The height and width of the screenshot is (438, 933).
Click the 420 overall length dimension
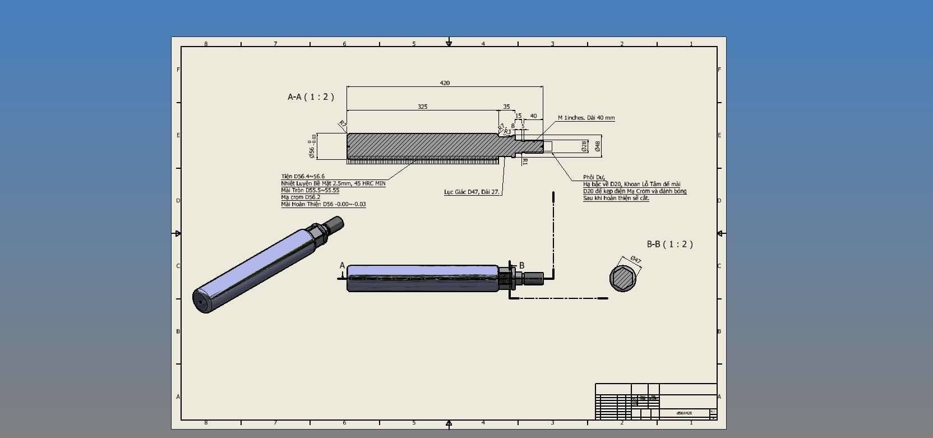point(445,83)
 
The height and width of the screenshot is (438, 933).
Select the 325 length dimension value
point(422,107)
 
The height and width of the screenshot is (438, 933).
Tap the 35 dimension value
point(506,107)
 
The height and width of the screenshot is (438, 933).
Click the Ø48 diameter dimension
point(598,146)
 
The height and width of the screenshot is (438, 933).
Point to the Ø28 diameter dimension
point(584,146)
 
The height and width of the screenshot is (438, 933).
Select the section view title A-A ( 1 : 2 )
point(311,97)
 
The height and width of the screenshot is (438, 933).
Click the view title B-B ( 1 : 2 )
point(669,245)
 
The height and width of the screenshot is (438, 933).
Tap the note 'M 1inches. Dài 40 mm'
point(586,118)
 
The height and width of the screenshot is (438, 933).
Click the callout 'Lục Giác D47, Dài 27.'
point(471,192)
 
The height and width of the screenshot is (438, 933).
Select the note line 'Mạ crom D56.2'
point(301,197)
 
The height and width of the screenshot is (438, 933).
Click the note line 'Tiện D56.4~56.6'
point(303,176)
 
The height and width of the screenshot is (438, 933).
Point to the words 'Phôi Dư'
point(593,177)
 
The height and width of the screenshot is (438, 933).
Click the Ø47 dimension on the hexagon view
point(635,260)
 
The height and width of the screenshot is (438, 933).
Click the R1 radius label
point(525,162)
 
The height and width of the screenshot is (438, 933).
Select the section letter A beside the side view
point(342,266)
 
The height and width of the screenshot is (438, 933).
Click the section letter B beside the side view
point(521,266)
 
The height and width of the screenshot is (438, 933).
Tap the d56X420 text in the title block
point(684,413)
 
